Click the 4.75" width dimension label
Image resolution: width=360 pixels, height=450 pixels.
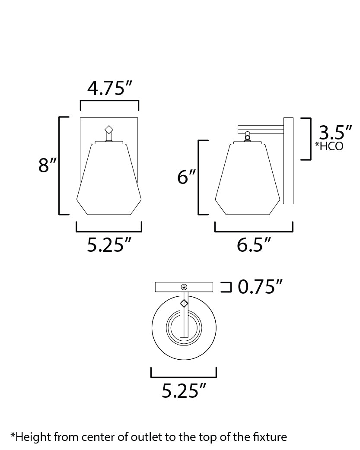[x=110, y=88]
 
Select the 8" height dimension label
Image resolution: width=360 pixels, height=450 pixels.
[x=48, y=165]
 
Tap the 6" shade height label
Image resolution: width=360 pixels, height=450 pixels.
[x=187, y=177]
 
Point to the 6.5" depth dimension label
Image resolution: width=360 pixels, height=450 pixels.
[x=254, y=245]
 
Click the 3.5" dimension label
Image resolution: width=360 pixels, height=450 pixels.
[x=335, y=133]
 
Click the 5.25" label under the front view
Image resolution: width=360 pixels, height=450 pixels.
[x=109, y=245]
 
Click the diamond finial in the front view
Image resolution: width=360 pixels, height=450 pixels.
[x=109, y=129]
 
